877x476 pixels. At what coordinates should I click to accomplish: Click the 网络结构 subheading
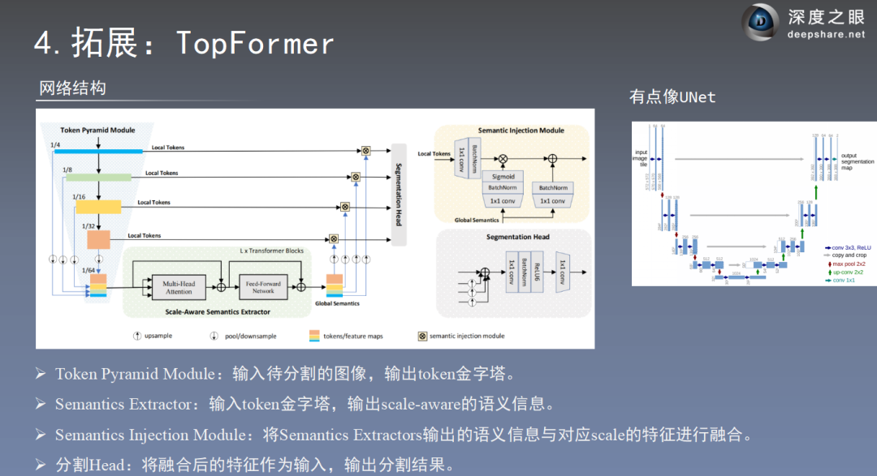pos(72,88)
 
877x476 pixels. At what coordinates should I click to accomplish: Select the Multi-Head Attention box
pos(179,287)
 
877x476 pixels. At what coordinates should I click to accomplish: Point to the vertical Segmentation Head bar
pos(399,195)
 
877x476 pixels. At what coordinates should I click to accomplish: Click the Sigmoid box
pos(503,176)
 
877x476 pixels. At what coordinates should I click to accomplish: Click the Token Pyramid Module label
pos(97,130)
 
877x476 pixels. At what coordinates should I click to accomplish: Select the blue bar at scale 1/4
pos(97,151)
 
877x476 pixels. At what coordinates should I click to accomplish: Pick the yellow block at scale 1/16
pos(98,207)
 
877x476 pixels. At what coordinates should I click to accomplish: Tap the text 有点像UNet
pos(672,97)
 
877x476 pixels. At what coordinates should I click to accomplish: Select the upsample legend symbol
pos(137,335)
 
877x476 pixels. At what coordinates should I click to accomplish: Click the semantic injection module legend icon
pos(422,335)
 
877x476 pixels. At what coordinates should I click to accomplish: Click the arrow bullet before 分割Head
pos(41,465)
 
